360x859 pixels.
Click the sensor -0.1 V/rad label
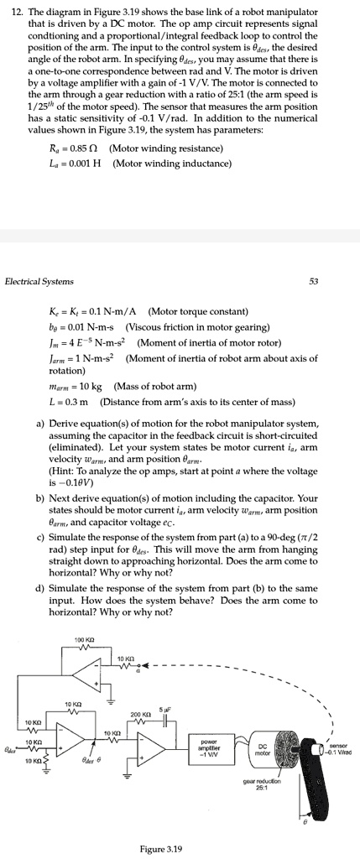(x=337, y=744)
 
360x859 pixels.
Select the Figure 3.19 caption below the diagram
(x=165, y=848)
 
